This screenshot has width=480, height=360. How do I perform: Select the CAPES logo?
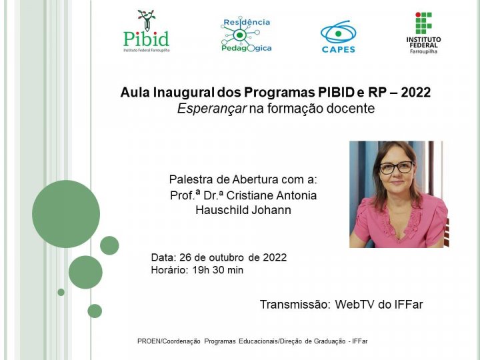338,37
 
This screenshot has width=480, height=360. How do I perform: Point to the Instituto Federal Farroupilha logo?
423,33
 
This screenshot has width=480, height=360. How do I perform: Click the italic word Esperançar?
211,109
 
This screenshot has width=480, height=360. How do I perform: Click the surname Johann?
270,210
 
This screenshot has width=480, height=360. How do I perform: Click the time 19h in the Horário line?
200,270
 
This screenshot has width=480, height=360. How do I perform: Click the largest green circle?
66,214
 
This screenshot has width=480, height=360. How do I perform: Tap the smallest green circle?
61,292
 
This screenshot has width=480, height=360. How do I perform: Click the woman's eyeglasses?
396,167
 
